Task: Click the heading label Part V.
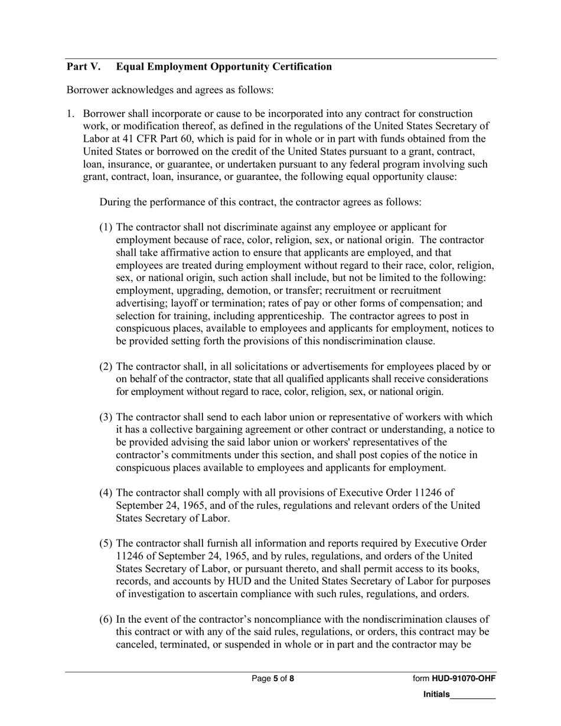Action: (83, 67)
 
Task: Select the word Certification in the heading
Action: (302, 67)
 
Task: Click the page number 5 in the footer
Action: (275, 679)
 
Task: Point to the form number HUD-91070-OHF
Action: (464, 679)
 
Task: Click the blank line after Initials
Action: (472, 695)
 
